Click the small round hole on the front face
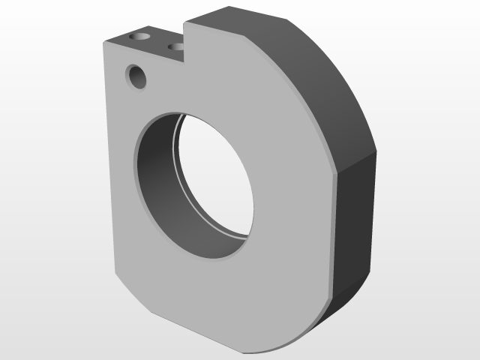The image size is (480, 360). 137,77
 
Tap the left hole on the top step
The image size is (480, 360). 139,36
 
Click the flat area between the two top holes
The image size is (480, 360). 158,42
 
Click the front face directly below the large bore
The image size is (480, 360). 217,300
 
